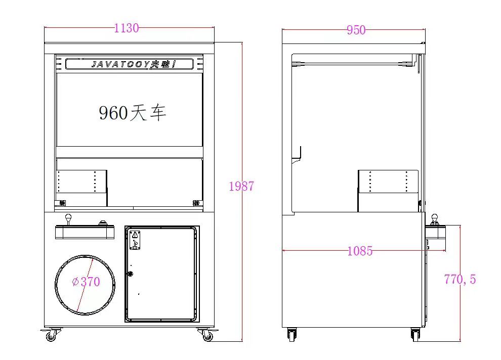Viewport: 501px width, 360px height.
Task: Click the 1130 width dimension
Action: (127, 28)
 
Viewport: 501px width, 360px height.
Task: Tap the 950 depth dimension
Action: (356, 30)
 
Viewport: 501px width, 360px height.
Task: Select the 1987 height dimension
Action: (241, 186)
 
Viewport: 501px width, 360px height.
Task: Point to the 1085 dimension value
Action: (360, 251)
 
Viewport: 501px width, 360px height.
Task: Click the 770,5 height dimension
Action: (460, 280)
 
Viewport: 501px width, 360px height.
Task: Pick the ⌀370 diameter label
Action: (86, 282)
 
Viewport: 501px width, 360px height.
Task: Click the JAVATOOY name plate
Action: (130, 64)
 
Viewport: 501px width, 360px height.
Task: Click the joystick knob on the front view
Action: (68, 217)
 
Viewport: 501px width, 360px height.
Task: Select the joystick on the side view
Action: (434, 219)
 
